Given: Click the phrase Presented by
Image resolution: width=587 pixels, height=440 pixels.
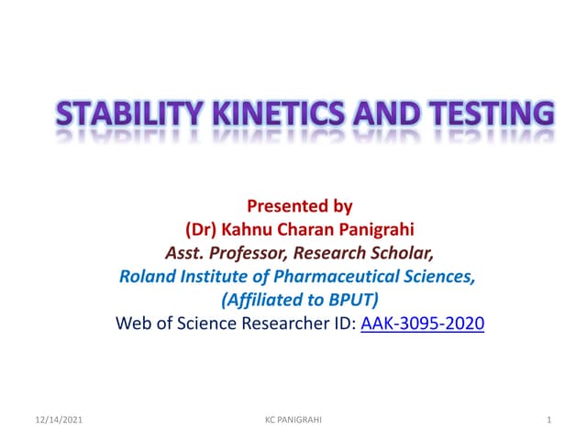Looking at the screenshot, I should pos(300,207).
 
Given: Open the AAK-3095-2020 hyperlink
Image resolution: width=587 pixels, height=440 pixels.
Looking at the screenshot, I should pos(423,324).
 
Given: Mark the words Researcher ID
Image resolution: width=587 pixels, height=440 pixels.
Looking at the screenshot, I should pos(296,324).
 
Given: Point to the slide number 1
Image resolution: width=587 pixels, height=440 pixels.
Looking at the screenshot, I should pos(547,420).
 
